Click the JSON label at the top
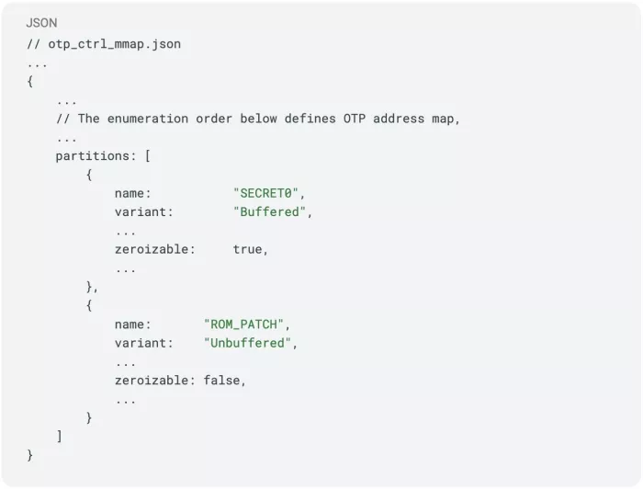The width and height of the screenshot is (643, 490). click(41, 22)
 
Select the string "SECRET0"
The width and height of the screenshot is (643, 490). click(269, 193)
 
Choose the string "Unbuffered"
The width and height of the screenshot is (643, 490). click(251, 343)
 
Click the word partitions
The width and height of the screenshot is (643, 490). click(96, 155)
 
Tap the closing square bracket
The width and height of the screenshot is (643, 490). click(60, 437)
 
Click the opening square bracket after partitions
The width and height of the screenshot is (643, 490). click(147, 155)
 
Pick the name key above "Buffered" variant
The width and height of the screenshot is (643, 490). click(132, 193)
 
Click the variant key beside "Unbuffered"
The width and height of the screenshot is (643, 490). click(143, 343)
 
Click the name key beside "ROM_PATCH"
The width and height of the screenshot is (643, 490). click(132, 325)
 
